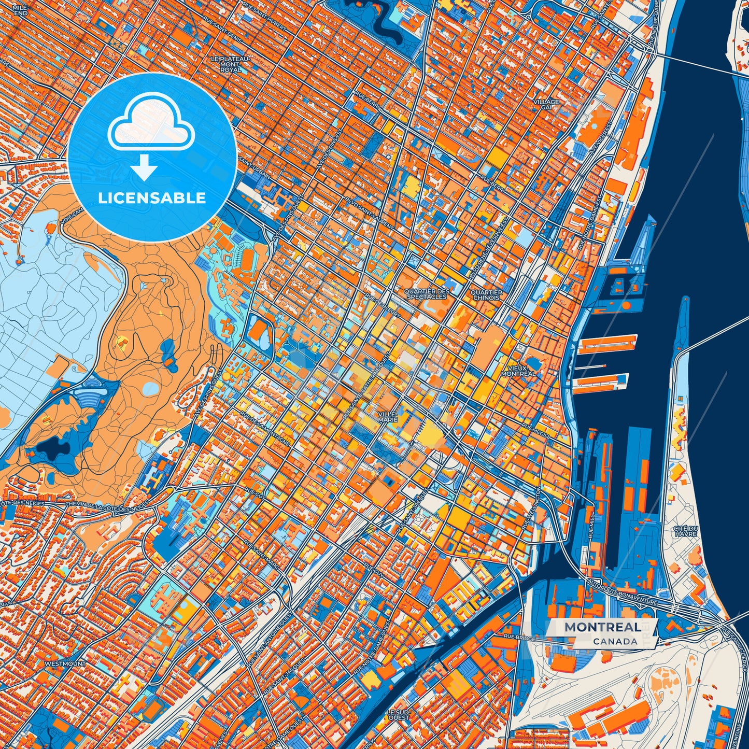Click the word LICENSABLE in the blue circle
pyautogui.click(x=152, y=198)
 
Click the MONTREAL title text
pyautogui.click(x=602, y=627)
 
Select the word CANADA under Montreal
pyautogui.click(x=615, y=641)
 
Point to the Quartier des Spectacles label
pyautogui.click(x=428, y=294)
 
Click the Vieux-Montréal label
pyautogui.click(x=518, y=371)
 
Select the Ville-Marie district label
pyautogui.click(x=388, y=416)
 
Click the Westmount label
pyautogui.click(x=65, y=663)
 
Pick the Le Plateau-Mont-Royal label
pyautogui.click(x=231, y=64)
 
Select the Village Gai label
pyautogui.click(x=547, y=104)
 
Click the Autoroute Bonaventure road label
pyautogui.click(x=621, y=591)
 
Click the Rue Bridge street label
pyautogui.click(x=519, y=635)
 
